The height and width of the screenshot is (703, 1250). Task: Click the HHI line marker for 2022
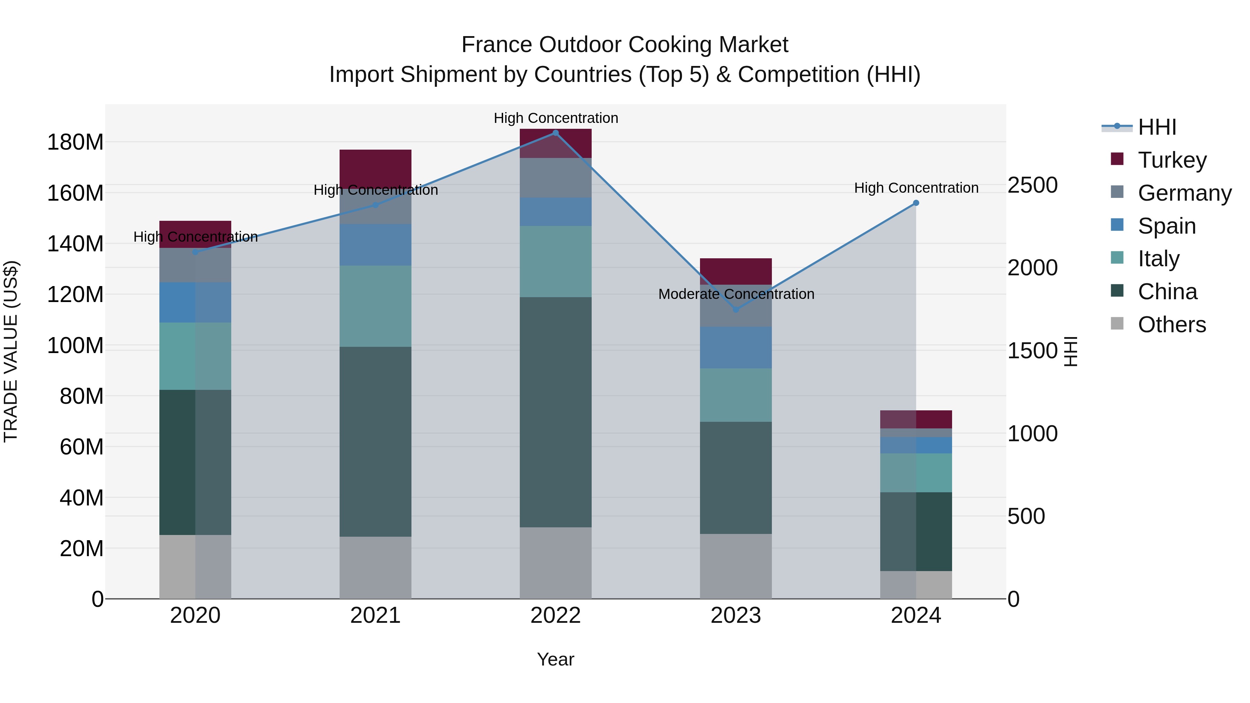556,133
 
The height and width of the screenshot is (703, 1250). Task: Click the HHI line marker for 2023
736,310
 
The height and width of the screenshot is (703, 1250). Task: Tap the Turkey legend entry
1172,160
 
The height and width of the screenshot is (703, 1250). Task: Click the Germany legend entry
1184,193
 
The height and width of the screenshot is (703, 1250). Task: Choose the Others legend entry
1172,325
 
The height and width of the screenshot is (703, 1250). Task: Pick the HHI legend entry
1157,127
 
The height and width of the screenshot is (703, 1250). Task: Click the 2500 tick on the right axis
1033,185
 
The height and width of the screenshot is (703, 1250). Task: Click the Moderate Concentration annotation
736,294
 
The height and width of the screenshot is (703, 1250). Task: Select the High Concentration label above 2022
556,118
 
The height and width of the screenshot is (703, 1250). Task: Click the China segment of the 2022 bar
556,412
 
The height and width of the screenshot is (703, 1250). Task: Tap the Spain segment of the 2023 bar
736,348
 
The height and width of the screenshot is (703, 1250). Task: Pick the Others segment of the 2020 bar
195,567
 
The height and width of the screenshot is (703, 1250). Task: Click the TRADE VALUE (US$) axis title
11,351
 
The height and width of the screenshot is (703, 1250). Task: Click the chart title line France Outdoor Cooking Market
625,45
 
